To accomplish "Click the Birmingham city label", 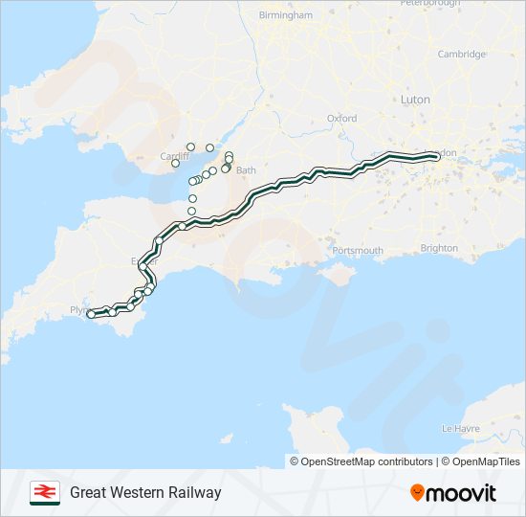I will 285,15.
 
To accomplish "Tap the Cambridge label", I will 462,54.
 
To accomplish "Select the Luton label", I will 415,100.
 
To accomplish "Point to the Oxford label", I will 341,118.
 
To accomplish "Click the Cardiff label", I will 172,155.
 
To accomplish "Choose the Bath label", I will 246,170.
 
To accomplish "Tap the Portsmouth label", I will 358,251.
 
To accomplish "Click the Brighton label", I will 439,248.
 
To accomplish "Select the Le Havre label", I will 461,428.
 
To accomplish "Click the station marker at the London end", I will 437,157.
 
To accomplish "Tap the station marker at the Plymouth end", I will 91,314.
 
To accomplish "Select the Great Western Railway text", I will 145,493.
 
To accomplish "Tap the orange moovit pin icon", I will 417,493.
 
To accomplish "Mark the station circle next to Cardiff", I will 175,164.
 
